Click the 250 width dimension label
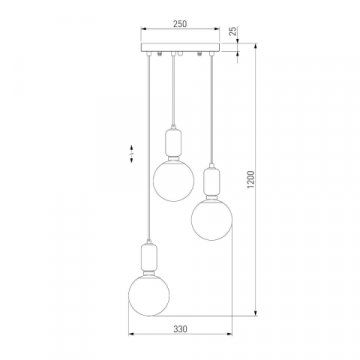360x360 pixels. point(180,24)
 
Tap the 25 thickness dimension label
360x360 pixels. point(234,31)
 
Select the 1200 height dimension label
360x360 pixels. point(251,179)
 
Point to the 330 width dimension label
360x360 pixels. point(180,329)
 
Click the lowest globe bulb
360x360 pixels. point(149,295)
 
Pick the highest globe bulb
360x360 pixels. point(173,181)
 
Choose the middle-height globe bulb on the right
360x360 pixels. point(212,219)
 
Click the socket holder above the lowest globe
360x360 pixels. point(149,257)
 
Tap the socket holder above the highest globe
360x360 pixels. point(173,144)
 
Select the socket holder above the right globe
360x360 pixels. point(212,183)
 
